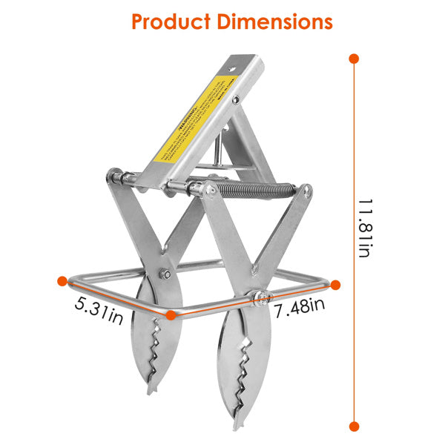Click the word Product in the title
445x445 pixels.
click(172, 22)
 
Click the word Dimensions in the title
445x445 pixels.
click(274, 22)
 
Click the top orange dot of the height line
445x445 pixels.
click(354, 58)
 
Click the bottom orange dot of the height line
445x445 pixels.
click(354, 426)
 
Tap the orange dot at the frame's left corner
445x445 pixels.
click(62, 281)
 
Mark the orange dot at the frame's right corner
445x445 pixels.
click(335, 284)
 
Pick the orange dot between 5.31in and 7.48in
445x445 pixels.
click(171, 314)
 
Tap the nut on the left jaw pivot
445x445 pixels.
click(165, 277)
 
